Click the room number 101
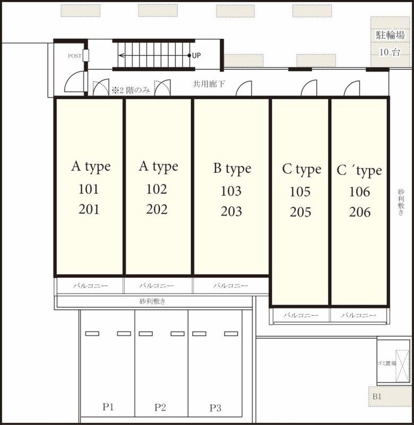click(x=89, y=189)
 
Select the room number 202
click(x=157, y=209)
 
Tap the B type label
click(x=232, y=168)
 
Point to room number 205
click(x=300, y=212)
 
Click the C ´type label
click(x=359, y=171)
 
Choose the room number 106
click(x=359, y=192)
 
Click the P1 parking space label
click(x=108, y=407)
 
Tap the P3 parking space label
click(x=215, y=408)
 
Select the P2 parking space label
click(x=160, y=407)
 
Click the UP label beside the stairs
click(x=196, y=56)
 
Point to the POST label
click(x=74, y=56)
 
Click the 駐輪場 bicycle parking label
click(x=390, y=35)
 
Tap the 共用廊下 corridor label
click(x=209, y=84)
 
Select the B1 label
click(x=377, y=397)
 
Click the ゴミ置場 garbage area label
click(x=386, y=363)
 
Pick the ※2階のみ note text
click(x=131, y=90)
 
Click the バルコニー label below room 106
click(x=358, y=315)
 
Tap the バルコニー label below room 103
click(x=230, y=285)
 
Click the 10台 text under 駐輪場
click(x=390, y=52)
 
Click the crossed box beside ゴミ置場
click(x=402, y=366)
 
